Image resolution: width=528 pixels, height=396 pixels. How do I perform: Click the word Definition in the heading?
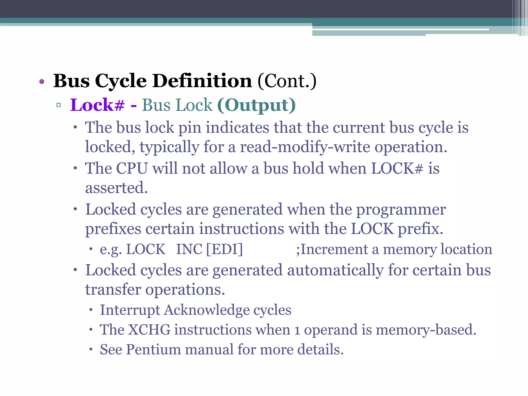click(202, 81)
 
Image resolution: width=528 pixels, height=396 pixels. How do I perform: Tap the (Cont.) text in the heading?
click(287, 81)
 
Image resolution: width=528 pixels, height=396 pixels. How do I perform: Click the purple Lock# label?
click(97, 105)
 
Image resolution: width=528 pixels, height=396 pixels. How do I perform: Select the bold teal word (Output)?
click(256, 105)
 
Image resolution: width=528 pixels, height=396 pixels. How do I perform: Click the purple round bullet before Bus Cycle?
click(42, 82)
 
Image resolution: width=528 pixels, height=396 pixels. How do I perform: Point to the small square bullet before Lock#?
click(59, 105)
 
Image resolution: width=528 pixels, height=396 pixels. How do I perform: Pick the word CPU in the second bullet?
click(132, 168)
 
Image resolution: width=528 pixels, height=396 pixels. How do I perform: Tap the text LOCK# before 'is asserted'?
click(397, 168)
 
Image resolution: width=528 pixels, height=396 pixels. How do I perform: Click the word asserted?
click(116, 188)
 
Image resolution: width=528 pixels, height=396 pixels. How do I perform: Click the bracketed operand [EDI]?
click(225, 249)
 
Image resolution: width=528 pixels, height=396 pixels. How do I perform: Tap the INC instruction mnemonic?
click(189, 249)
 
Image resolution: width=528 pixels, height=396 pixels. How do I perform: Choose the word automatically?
click(335, 270)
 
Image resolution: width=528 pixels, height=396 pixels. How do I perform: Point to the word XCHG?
click(149, 329)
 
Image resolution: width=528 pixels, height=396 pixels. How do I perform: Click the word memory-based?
click(426, 329)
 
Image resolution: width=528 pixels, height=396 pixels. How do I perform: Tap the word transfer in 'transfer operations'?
click(113, 290)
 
